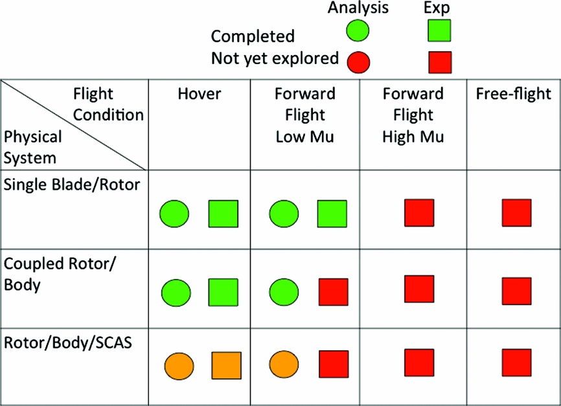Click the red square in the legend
[x=441, y=62]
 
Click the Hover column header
[x=200, y=94]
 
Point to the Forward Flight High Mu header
[x=413, y=115]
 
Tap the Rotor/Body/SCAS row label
[x=68, y=342]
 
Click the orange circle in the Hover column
[x=176, y=366]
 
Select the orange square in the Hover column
[x=226, y=366]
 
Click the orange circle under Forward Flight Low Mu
[x=284, y=366]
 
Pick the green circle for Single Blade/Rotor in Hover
[x=174, y=214]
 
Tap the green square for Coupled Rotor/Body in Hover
[x=223, y=293]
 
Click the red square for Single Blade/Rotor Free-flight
[x=517, y=214]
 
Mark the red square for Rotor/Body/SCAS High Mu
[x=419, y=362]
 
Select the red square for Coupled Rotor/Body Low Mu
[x=333, y=293]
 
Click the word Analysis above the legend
[x=358, y=8]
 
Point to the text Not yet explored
[x=275, y=58]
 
